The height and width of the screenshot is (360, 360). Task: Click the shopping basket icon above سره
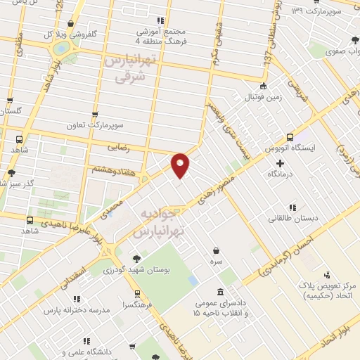215,250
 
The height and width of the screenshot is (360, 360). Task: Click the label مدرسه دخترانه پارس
76,310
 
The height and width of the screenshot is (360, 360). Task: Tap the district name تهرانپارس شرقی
128,70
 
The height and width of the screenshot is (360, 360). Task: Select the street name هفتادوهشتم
112,169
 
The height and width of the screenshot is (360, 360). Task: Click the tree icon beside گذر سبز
11,173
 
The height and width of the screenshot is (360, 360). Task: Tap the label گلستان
12,111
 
